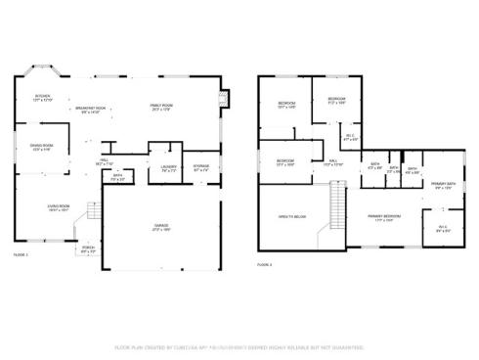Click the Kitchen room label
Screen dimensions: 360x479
43,98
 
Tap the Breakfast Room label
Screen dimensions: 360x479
95,111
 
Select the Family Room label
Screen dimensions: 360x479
161,107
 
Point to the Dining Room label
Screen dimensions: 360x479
41,148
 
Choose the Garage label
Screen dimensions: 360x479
160,228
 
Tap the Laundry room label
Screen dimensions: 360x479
168,168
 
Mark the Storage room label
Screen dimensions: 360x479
201,167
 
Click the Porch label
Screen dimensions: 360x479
89,249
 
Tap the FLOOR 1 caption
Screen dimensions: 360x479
21,255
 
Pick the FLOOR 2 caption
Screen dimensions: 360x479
264,264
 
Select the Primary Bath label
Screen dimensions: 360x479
444,186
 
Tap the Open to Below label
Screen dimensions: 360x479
292,216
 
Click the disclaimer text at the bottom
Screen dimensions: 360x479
239,346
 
